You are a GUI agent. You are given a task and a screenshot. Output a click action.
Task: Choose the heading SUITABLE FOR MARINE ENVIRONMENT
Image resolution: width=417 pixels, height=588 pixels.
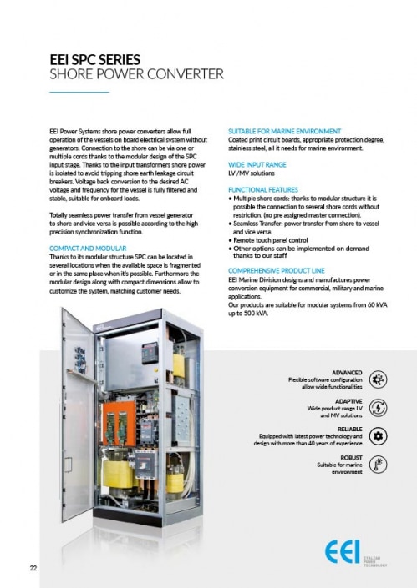(284, 132)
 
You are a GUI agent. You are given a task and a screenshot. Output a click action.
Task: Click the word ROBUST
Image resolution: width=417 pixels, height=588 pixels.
(351, 457)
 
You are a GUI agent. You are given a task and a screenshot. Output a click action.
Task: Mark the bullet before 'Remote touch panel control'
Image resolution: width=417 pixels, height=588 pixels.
(231, 239)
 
